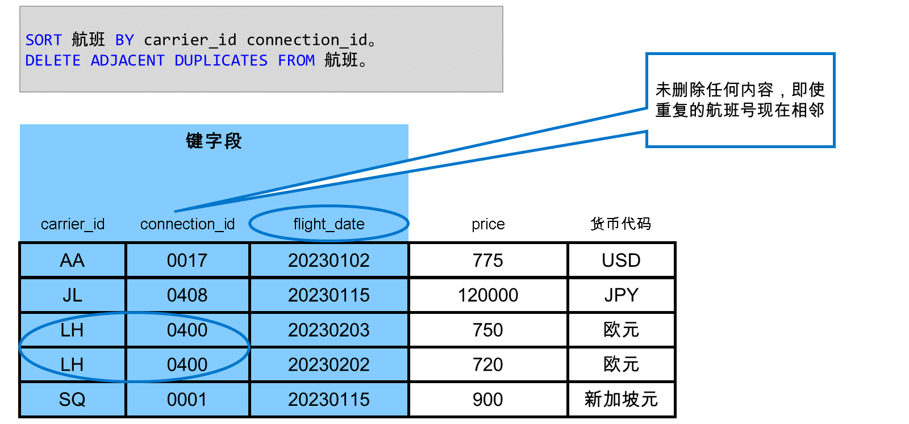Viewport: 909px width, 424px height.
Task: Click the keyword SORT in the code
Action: (43, 40)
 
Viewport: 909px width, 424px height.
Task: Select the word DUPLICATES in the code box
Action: (221, 61)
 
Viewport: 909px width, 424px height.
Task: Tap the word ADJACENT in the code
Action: (127, 61)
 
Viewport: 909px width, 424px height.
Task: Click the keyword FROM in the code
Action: (296, 61)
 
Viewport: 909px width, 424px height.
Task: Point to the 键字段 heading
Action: (214, 141)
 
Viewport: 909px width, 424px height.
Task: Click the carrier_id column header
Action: (73, 224)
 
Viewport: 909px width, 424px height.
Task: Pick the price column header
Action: (488, 224)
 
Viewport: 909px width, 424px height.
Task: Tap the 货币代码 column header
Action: (621, 223)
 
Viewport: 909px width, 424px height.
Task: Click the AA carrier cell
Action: (72, 260)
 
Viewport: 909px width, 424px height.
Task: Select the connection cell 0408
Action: (187, 295)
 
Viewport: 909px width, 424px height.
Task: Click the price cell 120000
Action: (488, 295)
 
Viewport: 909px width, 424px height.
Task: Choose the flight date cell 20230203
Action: (329, 330)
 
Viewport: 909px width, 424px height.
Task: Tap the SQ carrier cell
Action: (72, 400)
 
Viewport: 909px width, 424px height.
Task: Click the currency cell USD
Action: (621, 260)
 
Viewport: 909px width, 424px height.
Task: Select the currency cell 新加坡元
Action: (621, 399)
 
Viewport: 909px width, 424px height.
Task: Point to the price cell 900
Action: (488, 400)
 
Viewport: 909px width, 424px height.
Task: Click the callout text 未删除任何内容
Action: (715, 90)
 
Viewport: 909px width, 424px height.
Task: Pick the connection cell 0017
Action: (187, 260)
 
